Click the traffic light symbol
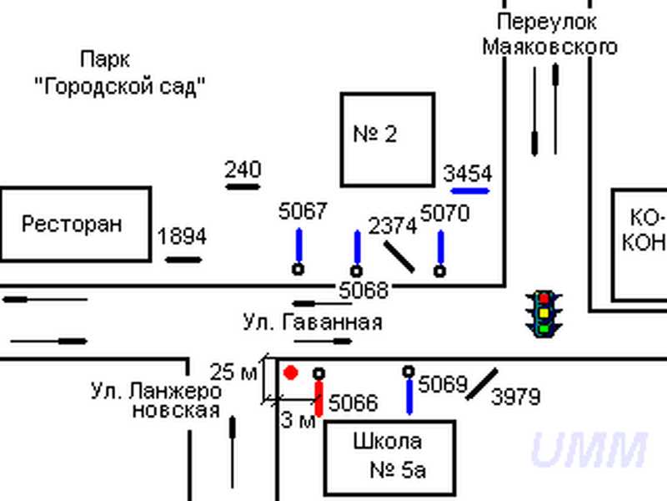544,313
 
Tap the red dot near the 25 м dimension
290,372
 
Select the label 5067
303,212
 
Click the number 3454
468,174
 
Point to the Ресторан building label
72,224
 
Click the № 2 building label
375,134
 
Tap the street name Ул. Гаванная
313,322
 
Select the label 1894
182,237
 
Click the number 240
243,170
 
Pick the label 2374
392,225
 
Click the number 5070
444,214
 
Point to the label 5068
364,291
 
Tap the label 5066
353,404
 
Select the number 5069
442,385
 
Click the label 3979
515,397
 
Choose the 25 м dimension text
233,372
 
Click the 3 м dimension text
298,421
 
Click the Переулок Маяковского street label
549,34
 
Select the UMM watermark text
589,450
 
